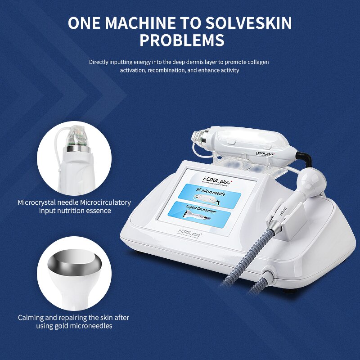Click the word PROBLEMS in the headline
tap(182, 40)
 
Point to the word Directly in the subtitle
tap(100, 62)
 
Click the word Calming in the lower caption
tap(30, 318)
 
